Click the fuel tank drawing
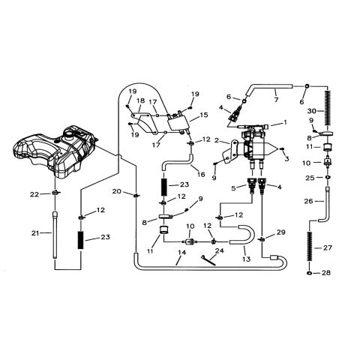coord(56,150)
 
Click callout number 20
coord(117,192)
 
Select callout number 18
coord(139,100)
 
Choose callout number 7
coord(275,97)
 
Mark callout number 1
coord(285,121)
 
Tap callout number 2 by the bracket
coord(217,140)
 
